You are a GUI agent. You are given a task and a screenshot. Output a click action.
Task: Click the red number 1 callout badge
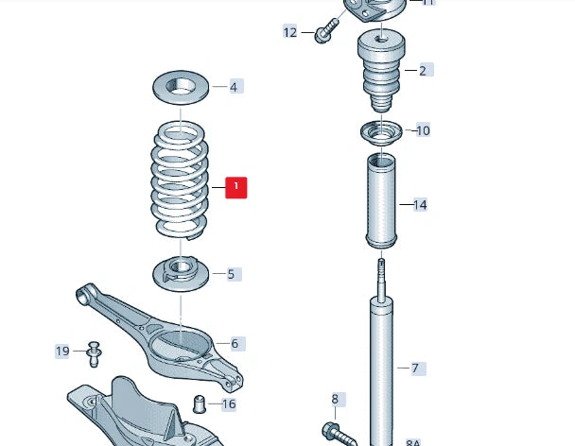click(x=235, y=187)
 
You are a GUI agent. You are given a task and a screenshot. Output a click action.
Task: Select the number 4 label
click(x=234, y=87)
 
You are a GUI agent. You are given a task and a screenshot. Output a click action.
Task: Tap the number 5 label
click(x=231, y=274)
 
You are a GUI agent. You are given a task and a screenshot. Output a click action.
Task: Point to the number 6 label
click(x=235, y=344)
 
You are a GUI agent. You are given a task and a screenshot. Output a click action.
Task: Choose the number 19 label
click(x=62, y=352)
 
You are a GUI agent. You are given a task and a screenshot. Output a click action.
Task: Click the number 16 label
click(x=228, y=404)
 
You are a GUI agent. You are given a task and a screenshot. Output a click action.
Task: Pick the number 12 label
click(x=290, y=32)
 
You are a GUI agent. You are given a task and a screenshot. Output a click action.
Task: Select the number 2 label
click(x=422, y=70)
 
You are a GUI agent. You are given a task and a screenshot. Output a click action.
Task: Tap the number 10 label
click(x=422, y=130)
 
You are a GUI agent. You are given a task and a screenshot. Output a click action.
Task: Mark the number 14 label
click(x=420, y=204)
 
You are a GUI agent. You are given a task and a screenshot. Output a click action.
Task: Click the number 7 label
click(x=413, y=368)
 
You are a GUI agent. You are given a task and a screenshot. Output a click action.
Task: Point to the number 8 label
click(x=334, y=400)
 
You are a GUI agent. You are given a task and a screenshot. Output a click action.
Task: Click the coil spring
click(x=181, y=180)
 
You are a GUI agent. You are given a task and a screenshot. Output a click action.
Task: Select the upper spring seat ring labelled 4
click(x=181, y=88)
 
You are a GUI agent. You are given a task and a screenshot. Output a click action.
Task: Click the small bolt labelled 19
click(x=93, y=352)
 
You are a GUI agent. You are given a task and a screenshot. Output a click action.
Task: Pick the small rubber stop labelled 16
click(x=200, y=405)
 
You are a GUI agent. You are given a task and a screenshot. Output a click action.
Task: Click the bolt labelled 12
click(x=326, y=30)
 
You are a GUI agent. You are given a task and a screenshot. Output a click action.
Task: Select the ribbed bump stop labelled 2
click(x=380, y=72)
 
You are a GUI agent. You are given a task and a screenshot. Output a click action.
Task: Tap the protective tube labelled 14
click(x=381, y=201)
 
